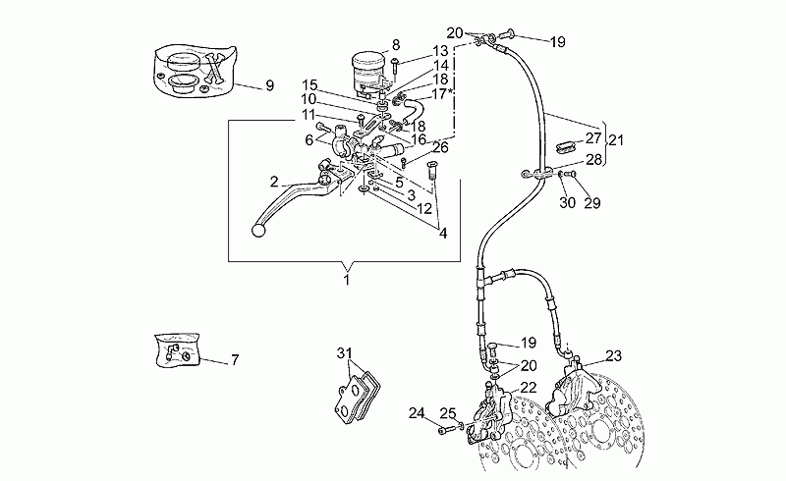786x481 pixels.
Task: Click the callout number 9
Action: pyautogui.click(x=269, y=85)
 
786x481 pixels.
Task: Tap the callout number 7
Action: pyautogui.click(x=235, y=359)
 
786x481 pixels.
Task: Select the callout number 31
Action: pyautogui.click(x=344, y=353)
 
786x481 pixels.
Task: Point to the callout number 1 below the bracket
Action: pyautogui.click(x=347, y=280)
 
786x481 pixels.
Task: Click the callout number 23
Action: pyautogui.click(x=613, y=355)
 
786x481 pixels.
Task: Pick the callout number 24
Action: pyautogui.click(x=416, y=413)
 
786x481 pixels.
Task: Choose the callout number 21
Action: pyautogui.click(x=616, y=140)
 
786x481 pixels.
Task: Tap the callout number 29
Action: pyautogui.click(x=592, y=203)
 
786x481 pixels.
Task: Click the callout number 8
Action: pyautogui.click(x=396, y=45)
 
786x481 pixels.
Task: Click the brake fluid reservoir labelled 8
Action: pyautogui.click(x=367, y=74)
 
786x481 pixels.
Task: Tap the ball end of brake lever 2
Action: pyautogui.click(x=257, y=231)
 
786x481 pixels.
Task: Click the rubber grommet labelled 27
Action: pyautogui.click(x=567, y=147)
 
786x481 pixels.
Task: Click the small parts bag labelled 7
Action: pyautogui.click(x=178, y=350)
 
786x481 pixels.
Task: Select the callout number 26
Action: pyautogui.click(x=440, y=147)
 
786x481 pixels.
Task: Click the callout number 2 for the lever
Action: pyautogui.click(x=274, y=182)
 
